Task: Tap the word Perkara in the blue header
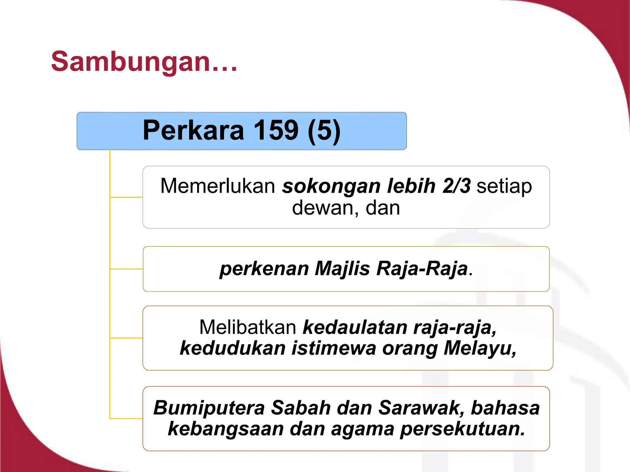(193, 130)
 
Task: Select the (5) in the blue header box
(324, 130)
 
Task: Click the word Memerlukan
(218, 186)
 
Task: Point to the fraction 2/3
(457, 186)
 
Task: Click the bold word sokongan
(332, 186)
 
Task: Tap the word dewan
(323, 208)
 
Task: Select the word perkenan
(264, 269)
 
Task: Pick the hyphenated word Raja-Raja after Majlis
(422, 269)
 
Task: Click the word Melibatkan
(248, 327)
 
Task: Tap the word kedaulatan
(355, 327)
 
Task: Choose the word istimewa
(334, 348)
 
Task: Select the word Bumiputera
(209, 408)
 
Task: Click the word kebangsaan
(226, 429)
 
